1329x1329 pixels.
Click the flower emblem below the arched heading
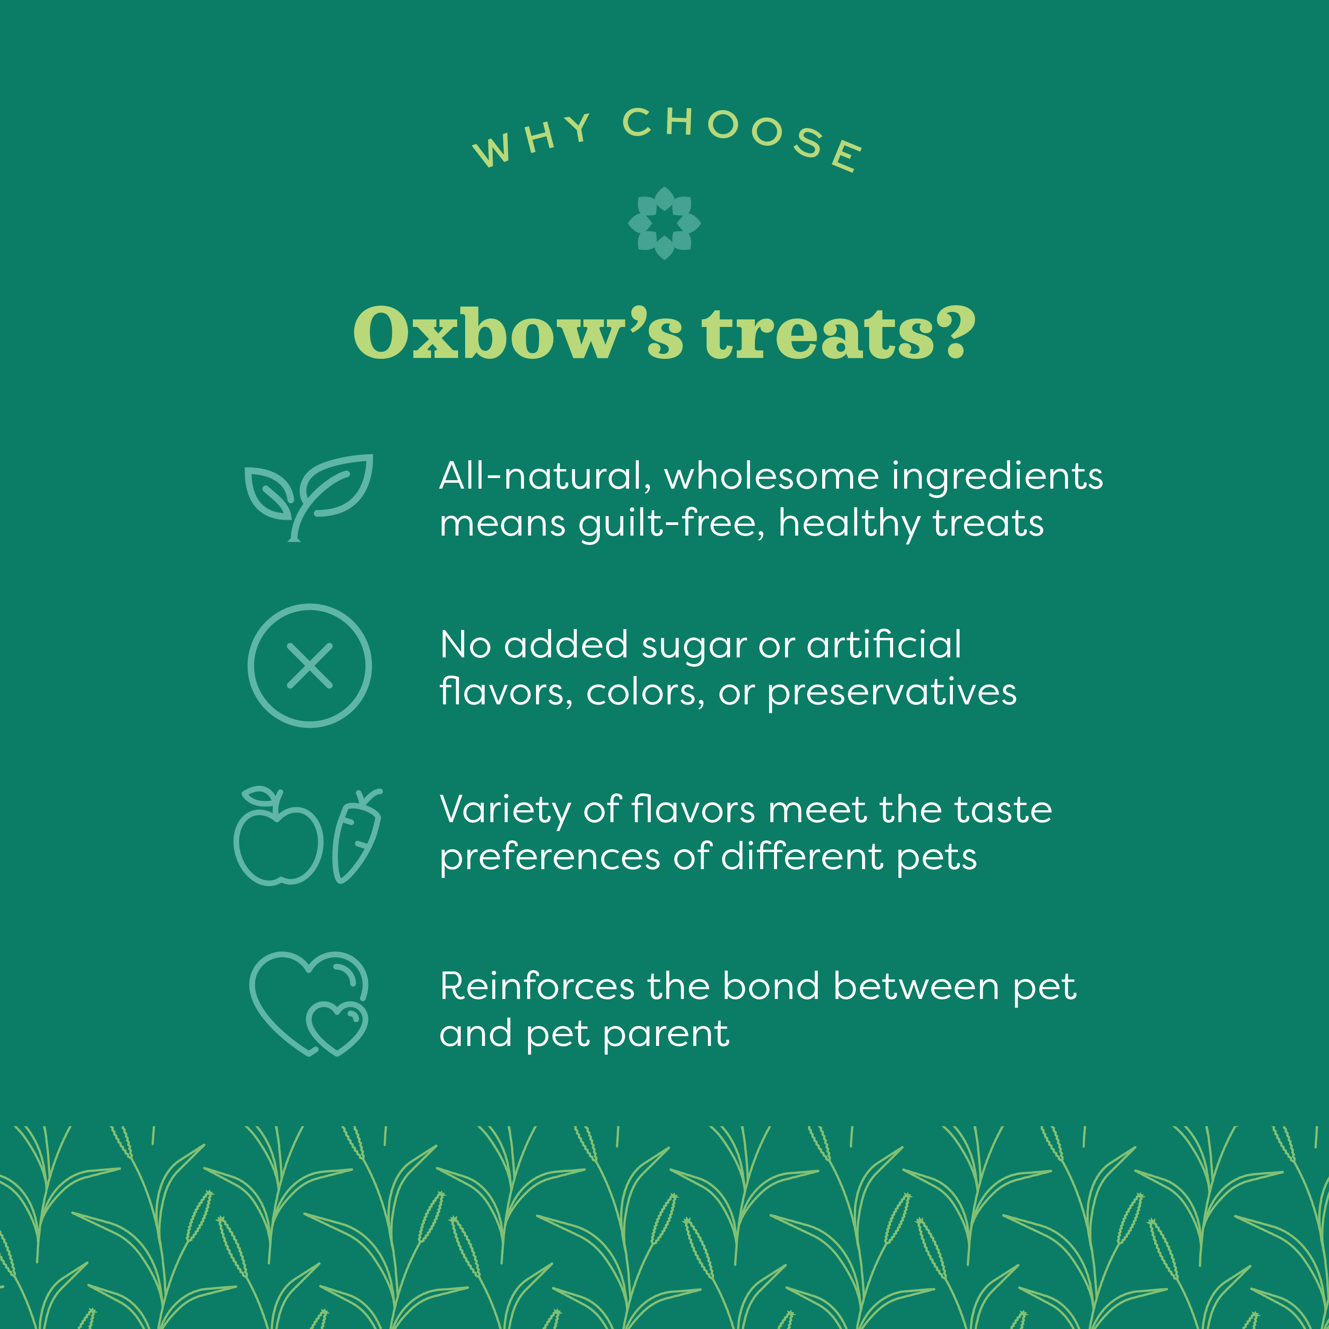point(664,223)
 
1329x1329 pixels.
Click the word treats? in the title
point(838,334)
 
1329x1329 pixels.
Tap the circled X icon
point(310,665)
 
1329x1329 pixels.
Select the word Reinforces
point(536,987)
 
